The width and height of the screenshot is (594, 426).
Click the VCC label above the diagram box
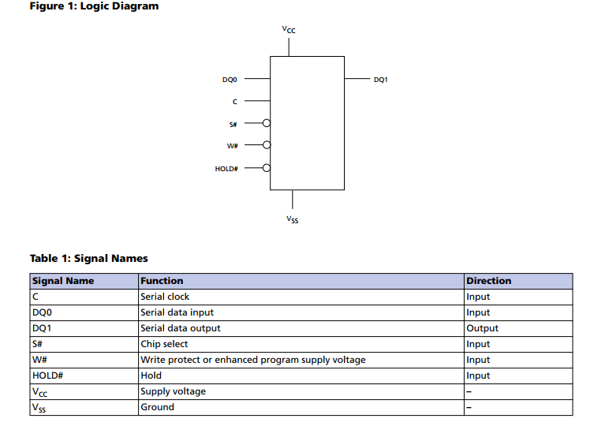289,29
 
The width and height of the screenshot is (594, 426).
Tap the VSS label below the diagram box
293,219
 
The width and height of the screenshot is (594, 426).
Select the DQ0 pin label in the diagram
230,80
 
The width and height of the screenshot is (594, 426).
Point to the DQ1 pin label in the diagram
381,80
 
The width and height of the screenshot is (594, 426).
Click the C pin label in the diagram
235,102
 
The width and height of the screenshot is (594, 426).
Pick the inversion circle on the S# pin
267,123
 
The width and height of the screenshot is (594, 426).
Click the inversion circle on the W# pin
267,145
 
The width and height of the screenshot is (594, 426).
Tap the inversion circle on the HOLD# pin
267,168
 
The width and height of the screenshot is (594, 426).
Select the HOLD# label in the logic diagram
226,169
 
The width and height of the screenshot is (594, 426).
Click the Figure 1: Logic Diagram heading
95,6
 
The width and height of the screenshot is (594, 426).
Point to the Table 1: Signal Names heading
89,259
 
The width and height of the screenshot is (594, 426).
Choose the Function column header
162,281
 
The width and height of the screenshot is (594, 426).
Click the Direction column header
488,281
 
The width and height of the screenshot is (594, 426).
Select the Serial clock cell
165,297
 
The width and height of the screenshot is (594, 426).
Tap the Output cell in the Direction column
482,328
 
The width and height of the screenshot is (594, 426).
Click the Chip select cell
164,344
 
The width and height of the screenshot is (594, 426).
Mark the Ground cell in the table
157,407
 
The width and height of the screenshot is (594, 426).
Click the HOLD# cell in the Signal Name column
48,376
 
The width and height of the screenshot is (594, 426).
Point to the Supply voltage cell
173,391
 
